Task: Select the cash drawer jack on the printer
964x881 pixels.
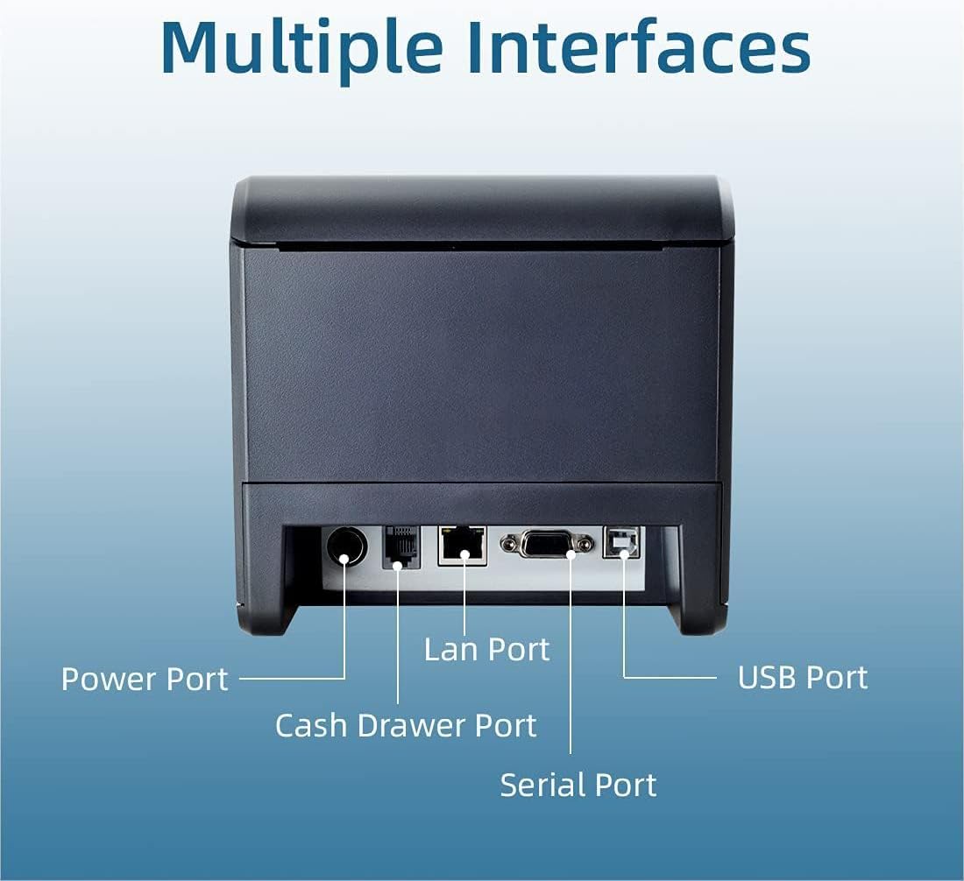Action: coord(401,546)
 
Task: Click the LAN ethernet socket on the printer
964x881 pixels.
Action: coord(463,546)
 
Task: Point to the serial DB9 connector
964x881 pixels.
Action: coord(547,544)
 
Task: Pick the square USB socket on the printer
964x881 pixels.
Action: coord(621,542)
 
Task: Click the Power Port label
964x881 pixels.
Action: coord(145,680)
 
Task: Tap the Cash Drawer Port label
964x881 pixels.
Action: coord(406,726)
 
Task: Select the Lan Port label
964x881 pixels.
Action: coord(487,650)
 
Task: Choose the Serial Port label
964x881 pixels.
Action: coord(578,786)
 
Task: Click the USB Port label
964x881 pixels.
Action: coord(803,678)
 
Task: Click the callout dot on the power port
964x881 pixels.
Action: coord(344,558)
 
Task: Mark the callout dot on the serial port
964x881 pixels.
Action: coord(571,554)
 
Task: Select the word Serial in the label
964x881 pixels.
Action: coord(535,786)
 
